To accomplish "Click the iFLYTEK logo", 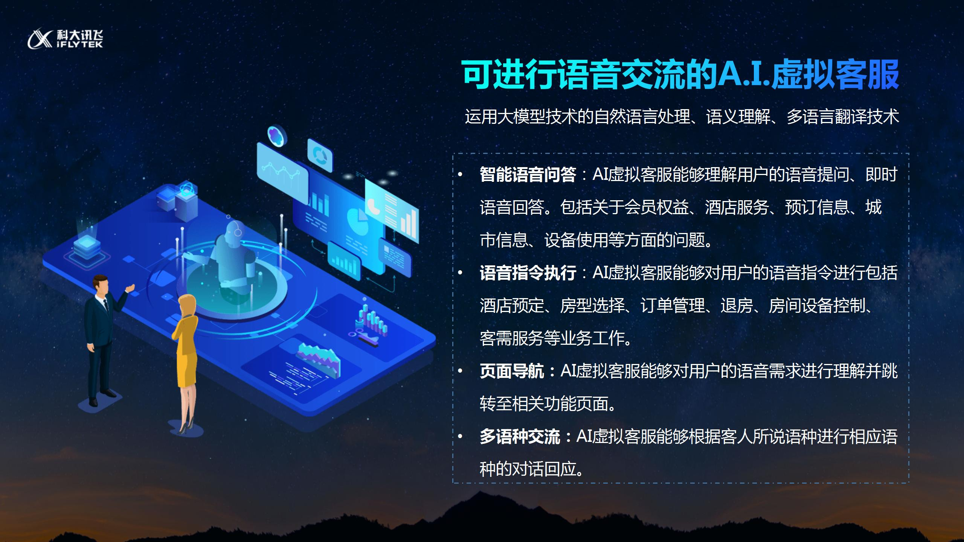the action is [x=65, y=39].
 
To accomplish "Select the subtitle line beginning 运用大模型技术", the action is [x=682, y=117].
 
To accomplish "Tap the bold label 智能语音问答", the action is [x=528, y=175].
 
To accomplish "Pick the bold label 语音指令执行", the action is [x=528, y=273].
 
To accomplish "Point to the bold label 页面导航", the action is [x=512, y=371].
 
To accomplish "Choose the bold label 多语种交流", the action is [x=520, y=437].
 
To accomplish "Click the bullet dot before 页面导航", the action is [x=460, y=371].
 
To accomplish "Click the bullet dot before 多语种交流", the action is [x=460, y=437].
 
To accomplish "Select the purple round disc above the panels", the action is [x=277, y=135].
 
